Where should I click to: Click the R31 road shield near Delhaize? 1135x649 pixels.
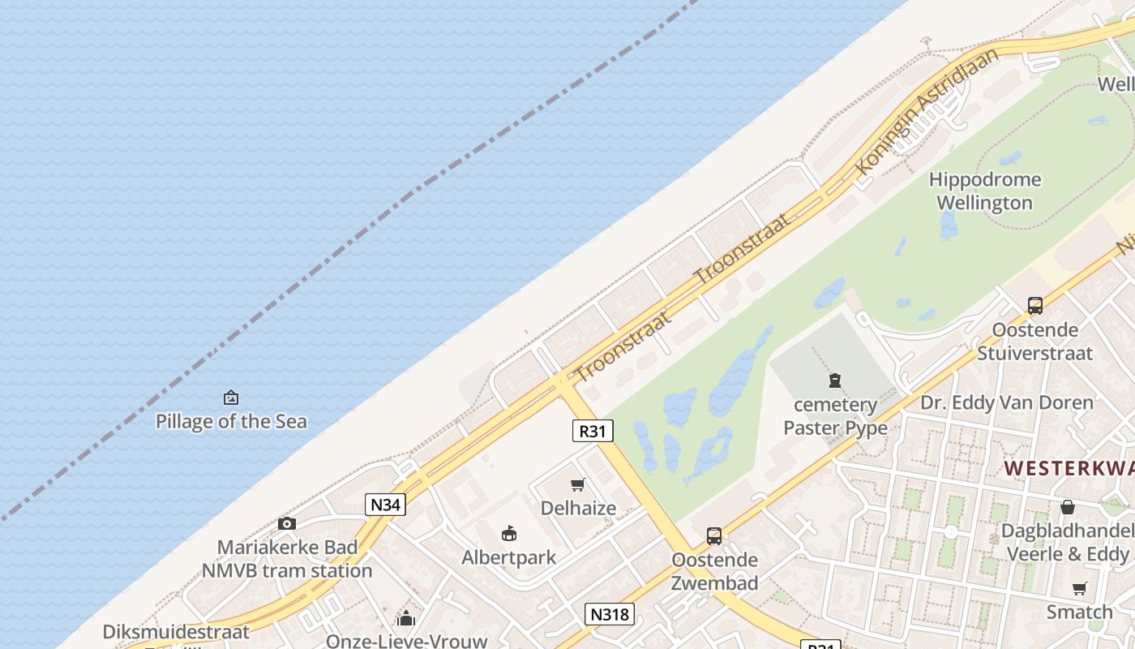(x=593, y=431)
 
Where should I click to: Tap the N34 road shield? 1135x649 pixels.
(x=385, y=505)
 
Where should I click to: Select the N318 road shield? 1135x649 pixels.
(x=609, y=614)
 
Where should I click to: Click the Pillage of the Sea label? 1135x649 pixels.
(x=231, y=421)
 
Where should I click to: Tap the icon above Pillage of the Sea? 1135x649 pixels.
(x=231, y=398)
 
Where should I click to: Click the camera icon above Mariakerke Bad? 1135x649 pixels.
(x=286, y=523)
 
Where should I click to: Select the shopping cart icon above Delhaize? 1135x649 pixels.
(x=578, y=485)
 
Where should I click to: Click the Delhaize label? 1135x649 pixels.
(x=578, y=509)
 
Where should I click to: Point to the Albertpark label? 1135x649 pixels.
(x=509, y=557)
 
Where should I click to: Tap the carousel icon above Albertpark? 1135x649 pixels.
(x=509, y=533)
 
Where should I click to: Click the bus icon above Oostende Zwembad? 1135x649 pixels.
(x=714, y=535)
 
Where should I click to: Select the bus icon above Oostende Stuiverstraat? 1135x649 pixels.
(x=1035, y=306)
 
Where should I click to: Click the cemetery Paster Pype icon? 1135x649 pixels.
(x=835, y=380)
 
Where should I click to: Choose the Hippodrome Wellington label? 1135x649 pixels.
(x=984, y=191)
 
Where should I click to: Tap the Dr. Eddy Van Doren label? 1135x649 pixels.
(x=1006, y=402)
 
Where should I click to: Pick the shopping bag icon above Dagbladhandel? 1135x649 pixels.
(x=1068, y=507)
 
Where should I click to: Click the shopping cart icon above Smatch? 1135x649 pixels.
(x=1079, y=588)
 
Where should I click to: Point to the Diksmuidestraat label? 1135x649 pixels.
(x=176, y=631)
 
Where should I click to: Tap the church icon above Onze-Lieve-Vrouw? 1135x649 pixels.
(x=406, y=619)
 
